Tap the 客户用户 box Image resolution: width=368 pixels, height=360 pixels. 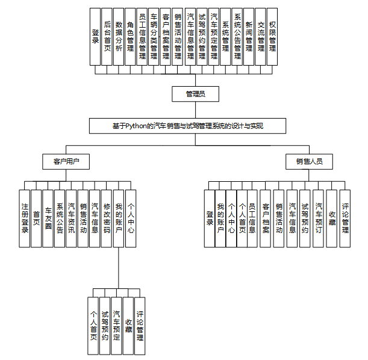tap(66, 162)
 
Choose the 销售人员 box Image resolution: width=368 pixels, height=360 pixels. tap(308, 162)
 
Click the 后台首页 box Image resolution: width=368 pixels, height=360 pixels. tap(107, 36)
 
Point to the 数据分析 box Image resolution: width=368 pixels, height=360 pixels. tap(119, 36)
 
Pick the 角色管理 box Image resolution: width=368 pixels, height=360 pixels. tap(131, 36)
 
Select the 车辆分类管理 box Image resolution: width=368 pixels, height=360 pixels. tap(154, 36)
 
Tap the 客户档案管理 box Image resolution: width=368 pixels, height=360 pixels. tap(166, 36)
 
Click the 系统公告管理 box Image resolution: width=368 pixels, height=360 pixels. tap(237, 36)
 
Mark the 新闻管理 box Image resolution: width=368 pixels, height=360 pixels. tap(249, 36)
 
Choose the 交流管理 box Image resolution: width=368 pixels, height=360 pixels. tap(260, 36)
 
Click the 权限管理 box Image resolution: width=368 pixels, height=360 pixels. tap(272, 36)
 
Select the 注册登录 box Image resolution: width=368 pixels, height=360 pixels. tap(24, 217)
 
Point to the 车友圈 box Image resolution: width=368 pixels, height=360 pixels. tap(48, 217)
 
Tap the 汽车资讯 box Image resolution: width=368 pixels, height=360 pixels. tap(72, 217)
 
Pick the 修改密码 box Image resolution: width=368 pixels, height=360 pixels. tap(107, 217)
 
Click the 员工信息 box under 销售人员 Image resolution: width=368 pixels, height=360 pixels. tap(252, 217)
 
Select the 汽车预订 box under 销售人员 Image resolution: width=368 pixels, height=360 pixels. tap(319, 217)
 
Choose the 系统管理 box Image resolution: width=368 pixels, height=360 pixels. tap(225, 36)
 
